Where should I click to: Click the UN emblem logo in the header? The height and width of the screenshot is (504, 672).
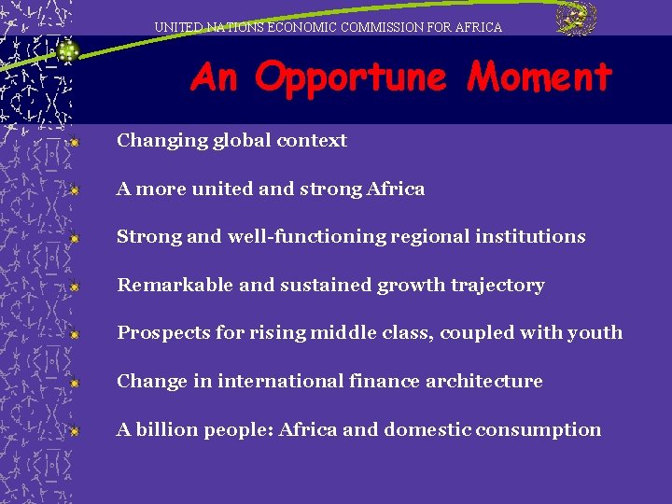(x=576, y=20)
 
